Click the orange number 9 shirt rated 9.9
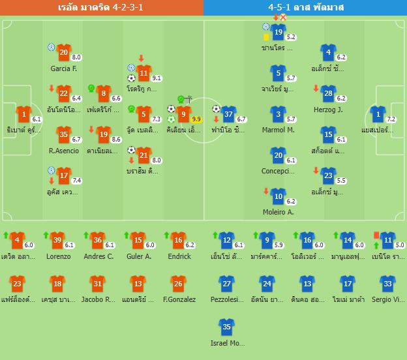click(184, 115)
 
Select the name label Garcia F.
click(63, 68)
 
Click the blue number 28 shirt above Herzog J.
click(328, 94)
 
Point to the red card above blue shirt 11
click(376, 234)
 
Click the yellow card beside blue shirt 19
click(267, 37)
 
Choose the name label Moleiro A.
click(279, 211)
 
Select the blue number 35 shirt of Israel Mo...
click(227, 327)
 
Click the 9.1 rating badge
click(156, 78)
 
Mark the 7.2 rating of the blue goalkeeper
click(391, 119)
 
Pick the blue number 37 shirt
click(228, 115)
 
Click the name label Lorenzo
click(59, 256)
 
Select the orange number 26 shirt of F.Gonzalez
click(177, 284)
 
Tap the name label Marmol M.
click(279, 130)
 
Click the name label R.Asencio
click(64, 151)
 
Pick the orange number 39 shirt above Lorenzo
click(58, 240)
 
